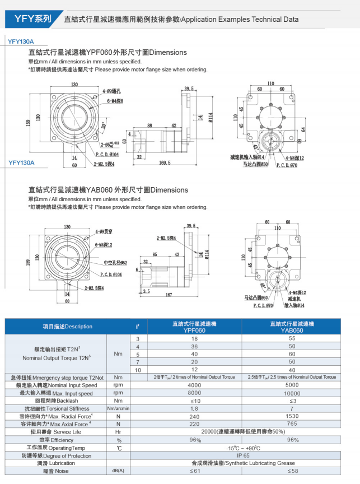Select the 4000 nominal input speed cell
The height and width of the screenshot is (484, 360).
(194, 385)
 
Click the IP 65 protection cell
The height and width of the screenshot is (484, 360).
(243, 455)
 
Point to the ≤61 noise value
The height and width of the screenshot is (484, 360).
(194, 471)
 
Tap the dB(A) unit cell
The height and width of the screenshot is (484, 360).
(118, 471)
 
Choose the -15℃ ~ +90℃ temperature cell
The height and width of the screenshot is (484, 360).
(243, 448)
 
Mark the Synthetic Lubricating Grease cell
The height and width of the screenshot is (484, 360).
(243, 463)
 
